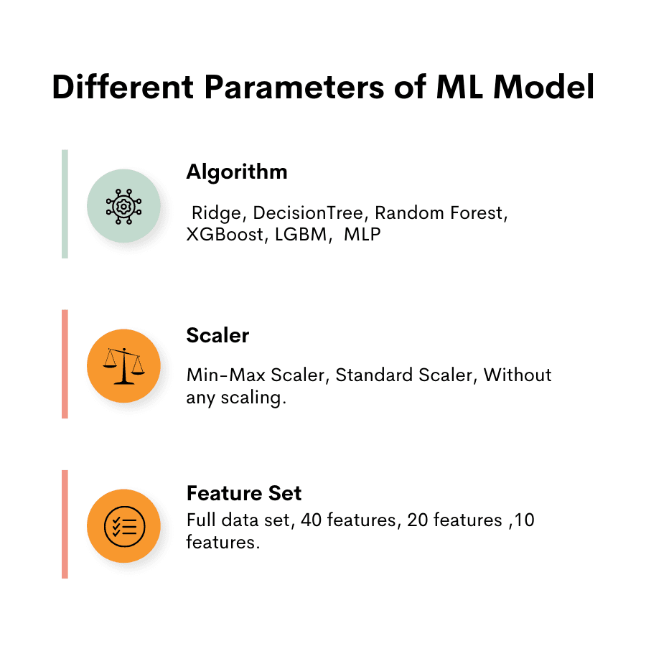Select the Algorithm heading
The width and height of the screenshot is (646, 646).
[x=236, y=172]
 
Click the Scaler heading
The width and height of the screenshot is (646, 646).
[x=217, y=335]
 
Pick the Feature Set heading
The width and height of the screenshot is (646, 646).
[x=243, y=494]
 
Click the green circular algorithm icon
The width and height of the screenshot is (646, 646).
[x=123, y=206]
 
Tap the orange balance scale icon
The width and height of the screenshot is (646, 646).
[x=123, y=367]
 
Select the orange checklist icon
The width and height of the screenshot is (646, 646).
[x=123, y=527]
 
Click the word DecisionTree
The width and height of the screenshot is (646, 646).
[x=308, y=214]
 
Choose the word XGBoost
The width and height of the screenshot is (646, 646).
[x=225, y=235]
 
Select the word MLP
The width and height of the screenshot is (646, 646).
[x=362, y=235]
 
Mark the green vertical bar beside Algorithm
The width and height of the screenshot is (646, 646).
[x=65, y=204]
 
